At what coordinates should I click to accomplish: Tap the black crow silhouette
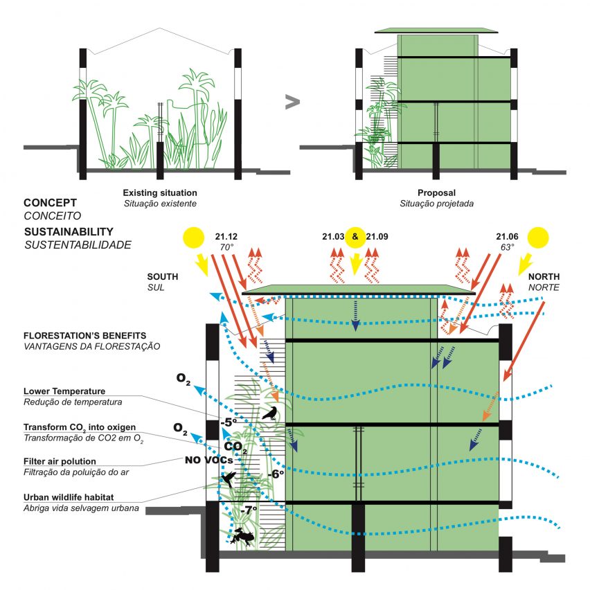click(x=269, y=413)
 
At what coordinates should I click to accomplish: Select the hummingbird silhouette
click(x=229, y=479)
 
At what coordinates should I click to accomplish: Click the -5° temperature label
click(x=229, y=422)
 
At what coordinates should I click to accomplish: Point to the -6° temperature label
click(x=276, y=474)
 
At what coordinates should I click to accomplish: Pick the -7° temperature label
click(x=249, y=510)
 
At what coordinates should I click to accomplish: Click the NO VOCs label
click(x=209, y=460)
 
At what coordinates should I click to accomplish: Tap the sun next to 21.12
click(x=193, y=238)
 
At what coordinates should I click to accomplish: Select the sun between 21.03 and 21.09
click(x=355, y=238)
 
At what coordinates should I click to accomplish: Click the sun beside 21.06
click(x=537, y=238)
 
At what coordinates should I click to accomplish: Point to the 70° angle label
click(x=226, y=247)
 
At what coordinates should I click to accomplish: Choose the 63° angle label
click(x=507, y=247)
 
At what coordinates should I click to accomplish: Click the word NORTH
click(x=544, y=276)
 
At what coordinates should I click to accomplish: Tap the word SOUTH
click(x=163, y=276)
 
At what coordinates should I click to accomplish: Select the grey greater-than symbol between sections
click(x=292, y=102)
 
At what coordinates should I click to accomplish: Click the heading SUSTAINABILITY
click(x=69, y=232)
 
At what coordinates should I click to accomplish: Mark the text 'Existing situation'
click(x=160, y=193)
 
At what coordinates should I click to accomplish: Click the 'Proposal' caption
click(x=436, y=193)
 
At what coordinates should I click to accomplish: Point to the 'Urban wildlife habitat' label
click(x=69, y=497)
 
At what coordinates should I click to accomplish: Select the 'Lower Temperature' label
click(x=64, y=391)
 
